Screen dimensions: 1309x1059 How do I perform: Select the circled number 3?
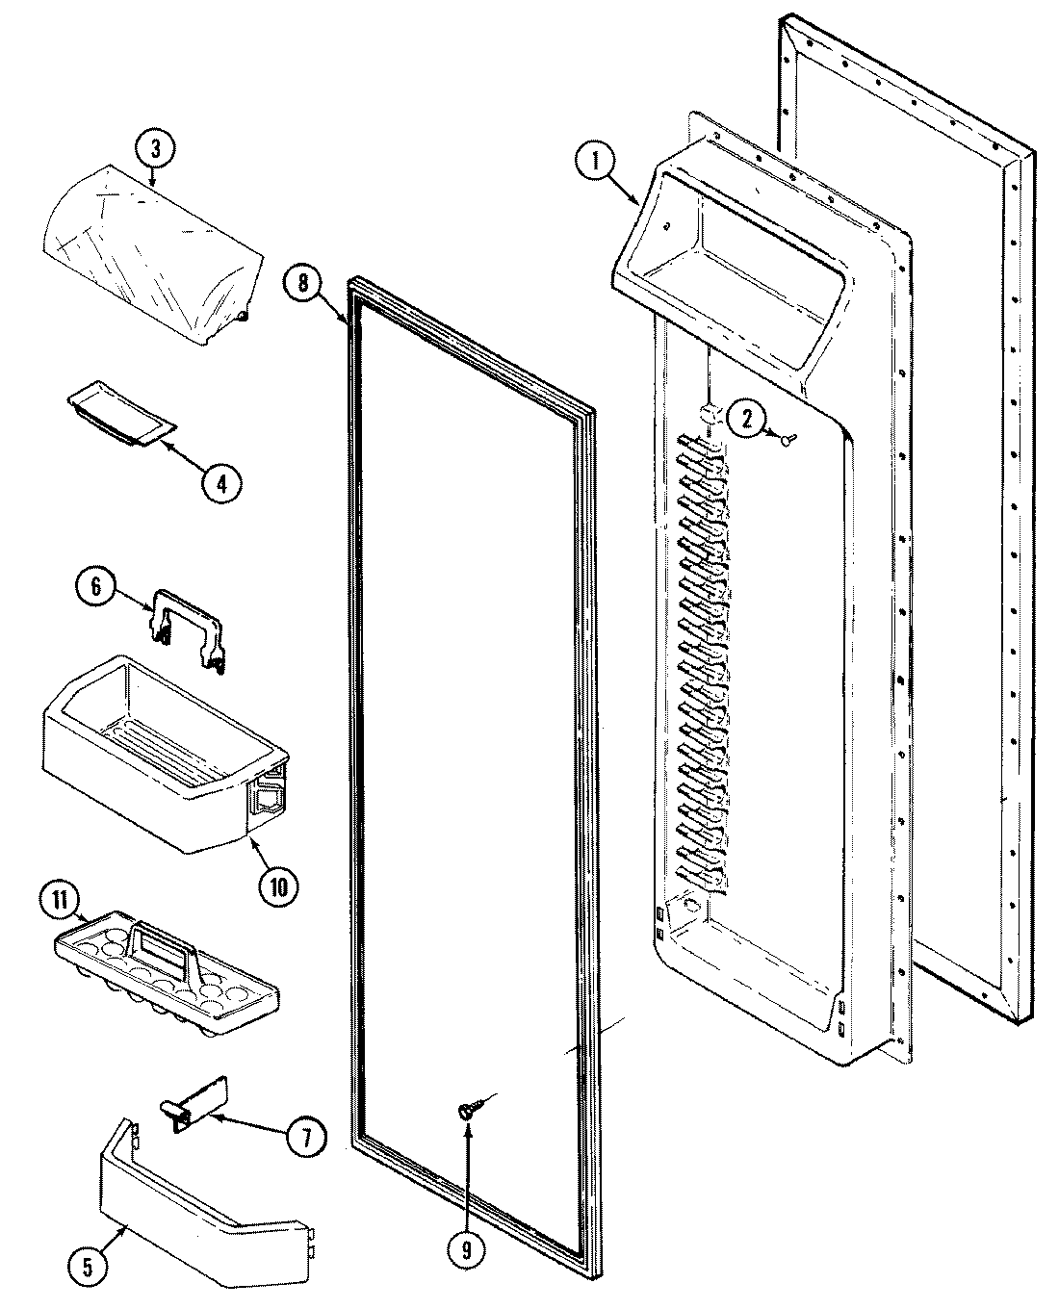click(156, 148)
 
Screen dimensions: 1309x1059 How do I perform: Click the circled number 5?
click(88, 1269)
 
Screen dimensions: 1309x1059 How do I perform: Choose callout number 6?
click(97, 588)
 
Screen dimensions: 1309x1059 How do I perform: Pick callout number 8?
click(303, 283)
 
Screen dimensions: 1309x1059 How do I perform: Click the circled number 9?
click(467, 1251)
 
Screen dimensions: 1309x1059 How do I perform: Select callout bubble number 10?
click(278, 885)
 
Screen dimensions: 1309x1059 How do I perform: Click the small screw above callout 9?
click(466, 1111)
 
